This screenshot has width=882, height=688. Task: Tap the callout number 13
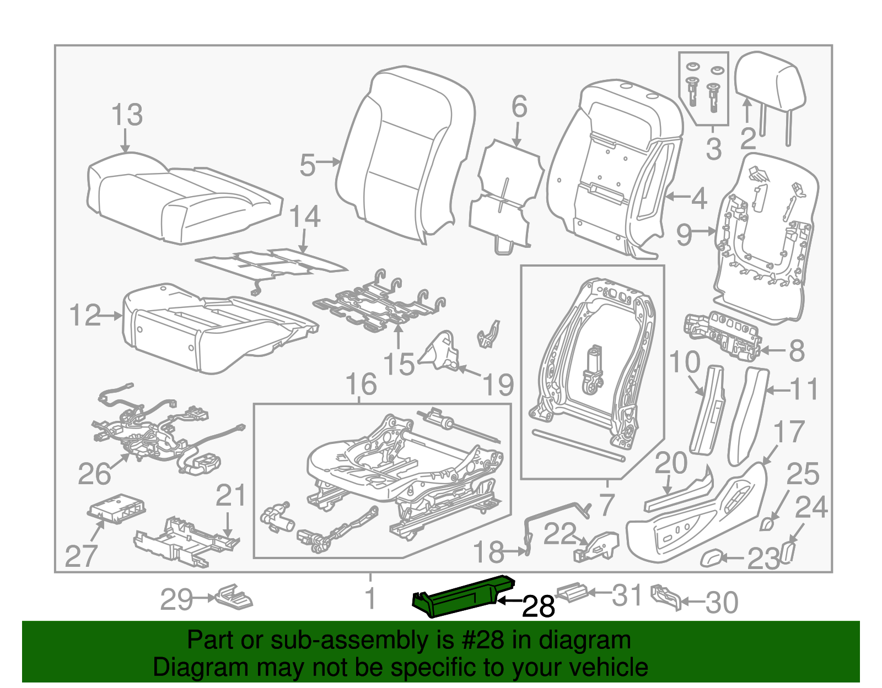tap(127, 115)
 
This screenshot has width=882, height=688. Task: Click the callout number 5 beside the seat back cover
tap(308, 165)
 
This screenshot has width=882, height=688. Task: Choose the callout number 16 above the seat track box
tap(361, 384)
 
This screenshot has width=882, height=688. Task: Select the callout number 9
tap(684, 235)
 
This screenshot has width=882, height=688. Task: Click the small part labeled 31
tap(573, 591)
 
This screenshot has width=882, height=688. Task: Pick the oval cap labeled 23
tap(712, 558)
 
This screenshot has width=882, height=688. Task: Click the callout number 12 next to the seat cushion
tap(85, 316)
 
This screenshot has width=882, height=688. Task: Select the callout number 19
tap(498, 384)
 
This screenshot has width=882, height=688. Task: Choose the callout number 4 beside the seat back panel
tap(699, 198)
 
